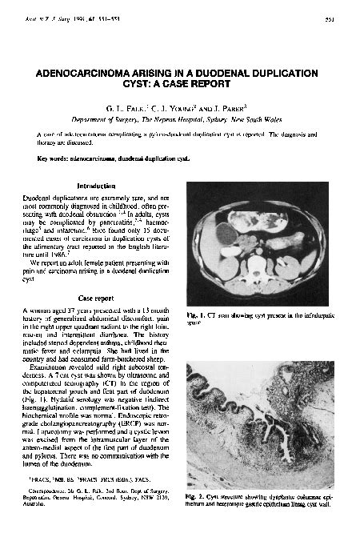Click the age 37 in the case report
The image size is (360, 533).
[71, 309]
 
